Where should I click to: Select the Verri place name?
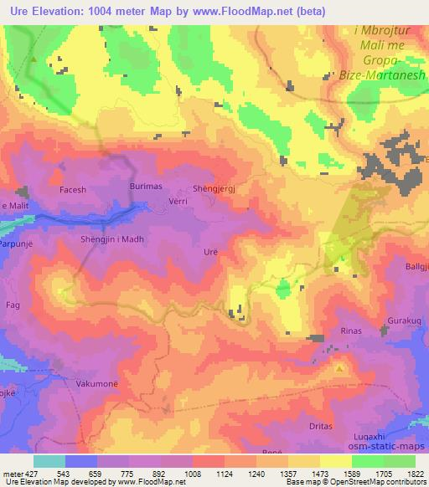click(x=178, y=202)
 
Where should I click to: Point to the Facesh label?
click(x=73, y=190)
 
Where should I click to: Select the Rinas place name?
click(x=351, y=331)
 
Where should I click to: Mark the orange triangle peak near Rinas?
click(x=339, y=367)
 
